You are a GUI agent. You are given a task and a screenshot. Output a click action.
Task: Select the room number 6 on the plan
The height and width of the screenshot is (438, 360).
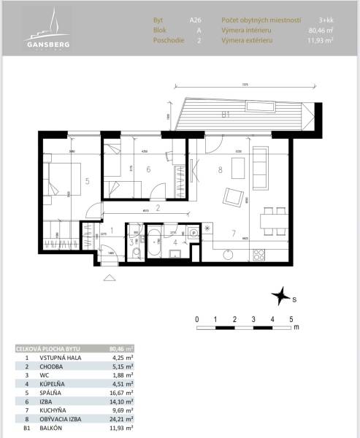tap(148, 170)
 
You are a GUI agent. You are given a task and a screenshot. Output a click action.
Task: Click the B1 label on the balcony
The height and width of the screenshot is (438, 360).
tap(226, 115)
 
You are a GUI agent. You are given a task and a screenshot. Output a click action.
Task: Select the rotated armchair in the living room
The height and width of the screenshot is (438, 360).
tap(234, 198)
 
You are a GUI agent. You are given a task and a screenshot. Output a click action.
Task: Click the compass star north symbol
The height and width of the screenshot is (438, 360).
tap(279, 296)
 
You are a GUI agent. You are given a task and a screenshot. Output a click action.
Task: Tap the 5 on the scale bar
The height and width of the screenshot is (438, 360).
tap(291, 320)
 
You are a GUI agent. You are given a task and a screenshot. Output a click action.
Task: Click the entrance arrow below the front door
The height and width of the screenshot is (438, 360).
tap(110, 277)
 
